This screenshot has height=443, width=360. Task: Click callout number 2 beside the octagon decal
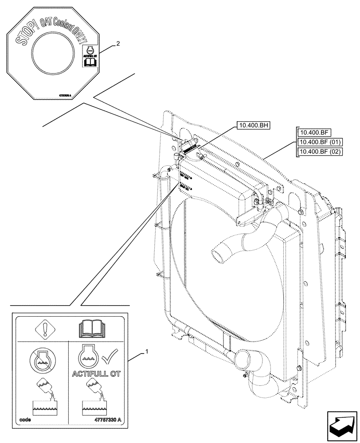[117, 43]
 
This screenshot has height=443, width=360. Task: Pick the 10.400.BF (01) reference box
[318, 142]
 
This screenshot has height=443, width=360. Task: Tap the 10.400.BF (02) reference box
[318, 152]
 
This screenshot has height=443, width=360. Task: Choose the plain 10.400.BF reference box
[312, 132]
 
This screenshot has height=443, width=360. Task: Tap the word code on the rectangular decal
[25, 432]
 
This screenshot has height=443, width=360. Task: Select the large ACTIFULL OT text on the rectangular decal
[97, 373]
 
